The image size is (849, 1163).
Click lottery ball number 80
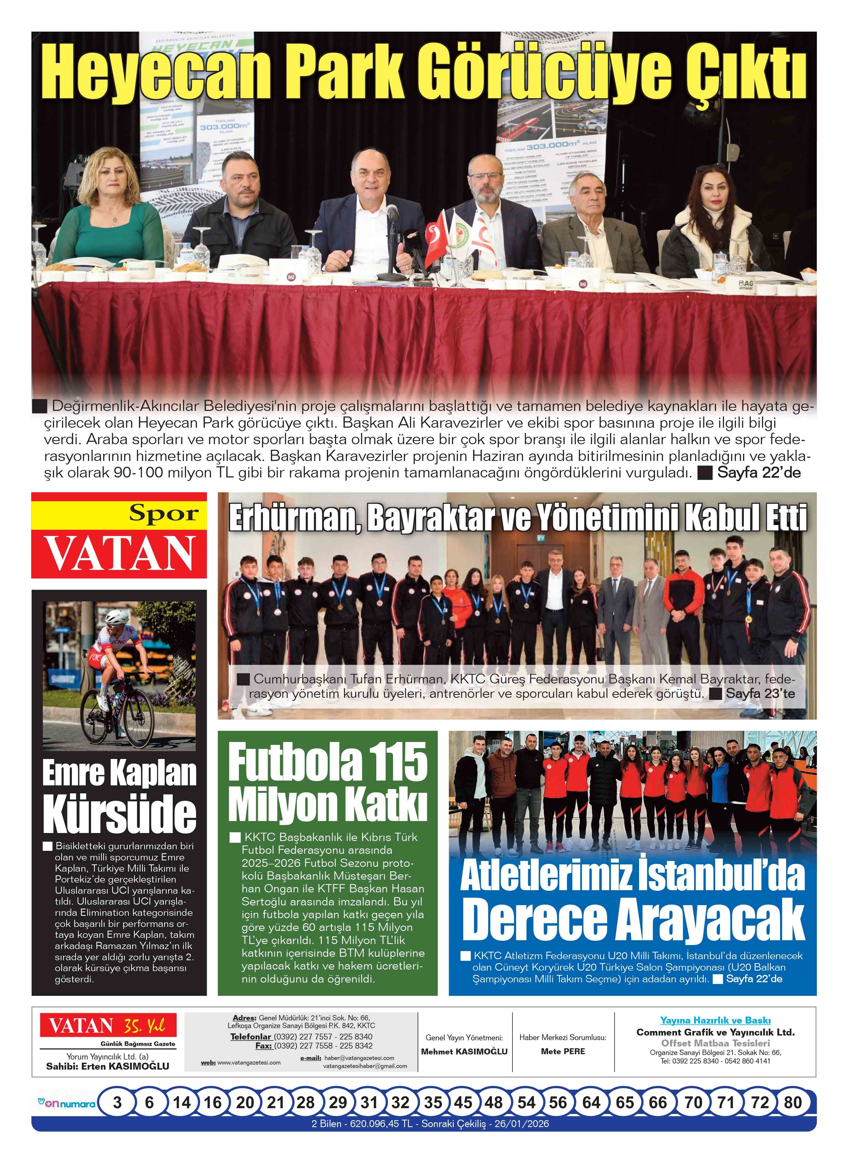(793, 1102)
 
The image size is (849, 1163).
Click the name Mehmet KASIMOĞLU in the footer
(464, 1051)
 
